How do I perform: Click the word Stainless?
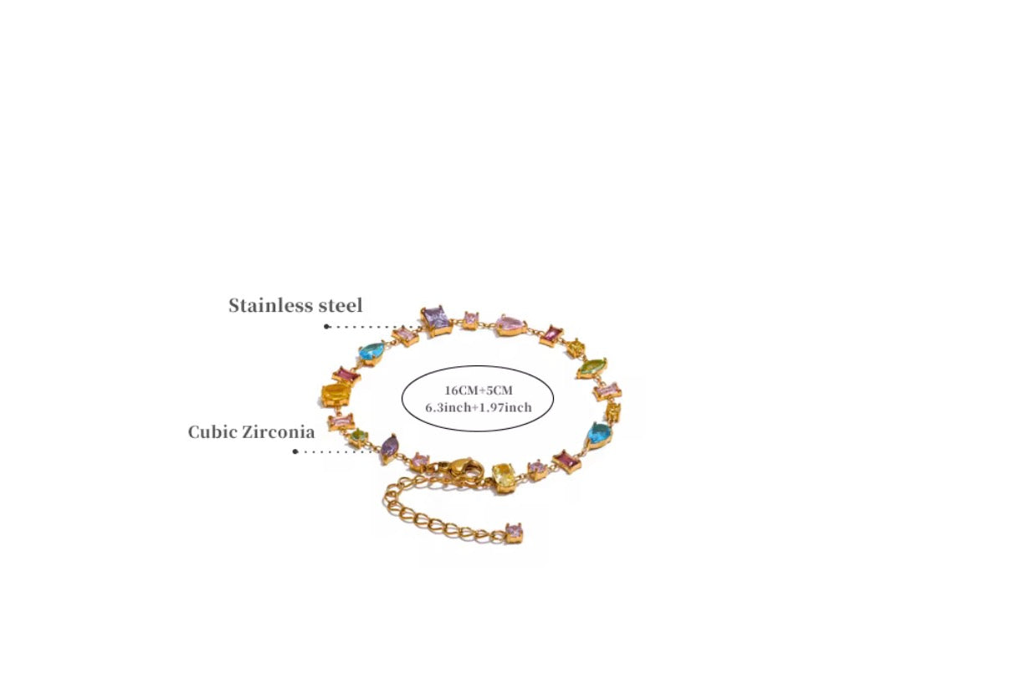point(269,305)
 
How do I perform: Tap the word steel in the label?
point(341,305)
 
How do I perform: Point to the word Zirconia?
point(279,432)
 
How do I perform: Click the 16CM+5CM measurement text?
point(479,390)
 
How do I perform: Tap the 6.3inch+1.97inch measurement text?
point(479,407)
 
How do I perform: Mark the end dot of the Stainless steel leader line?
point(326,326)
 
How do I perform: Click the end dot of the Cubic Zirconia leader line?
point(295,451)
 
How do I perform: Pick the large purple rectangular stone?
point(436,320)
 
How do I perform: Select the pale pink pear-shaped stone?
point(511,325)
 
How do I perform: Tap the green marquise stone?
point(592,368)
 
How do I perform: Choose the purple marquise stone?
point(390,448)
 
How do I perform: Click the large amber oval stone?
point(336,395)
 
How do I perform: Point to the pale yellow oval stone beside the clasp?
point(503,477)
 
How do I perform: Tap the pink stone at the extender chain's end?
point(514,533)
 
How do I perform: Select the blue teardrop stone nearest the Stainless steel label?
point(372,353)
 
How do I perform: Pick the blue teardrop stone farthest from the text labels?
point(600,435)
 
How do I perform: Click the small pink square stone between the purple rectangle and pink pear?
point(471,320)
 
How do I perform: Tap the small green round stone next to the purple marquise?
point(359,437)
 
